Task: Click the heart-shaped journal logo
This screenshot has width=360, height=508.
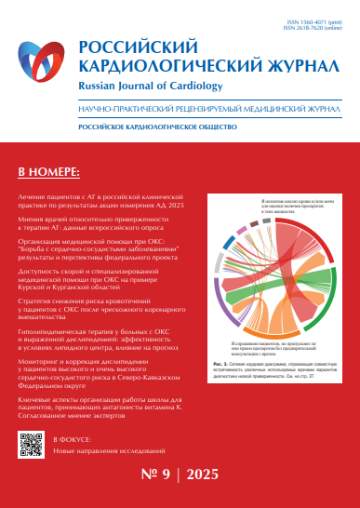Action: (44, 64)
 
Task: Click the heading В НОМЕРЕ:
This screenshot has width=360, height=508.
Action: (49, 173)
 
